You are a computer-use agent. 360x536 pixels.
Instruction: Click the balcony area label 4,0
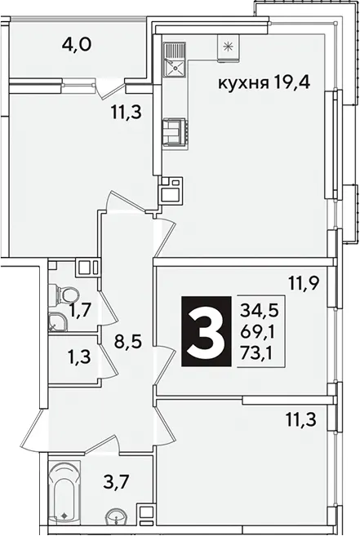(77, 44)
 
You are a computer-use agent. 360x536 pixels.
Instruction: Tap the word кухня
(243, 83)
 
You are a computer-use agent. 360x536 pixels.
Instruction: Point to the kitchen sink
(175, 60)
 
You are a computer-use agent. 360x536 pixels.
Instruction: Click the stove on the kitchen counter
(176, 134)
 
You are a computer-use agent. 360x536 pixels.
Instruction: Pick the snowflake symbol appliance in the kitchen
(228, 48)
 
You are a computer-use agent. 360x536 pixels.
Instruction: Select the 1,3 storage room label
(79, 357)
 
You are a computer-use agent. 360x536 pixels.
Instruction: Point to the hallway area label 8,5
(127, 342)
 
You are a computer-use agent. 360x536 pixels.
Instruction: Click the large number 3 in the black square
(206, 331)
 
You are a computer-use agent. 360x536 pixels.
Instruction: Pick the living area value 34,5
(260, 312)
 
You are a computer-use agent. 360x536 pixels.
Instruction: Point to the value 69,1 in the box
(259, 332)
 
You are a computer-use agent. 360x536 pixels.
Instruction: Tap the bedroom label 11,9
(304, 284)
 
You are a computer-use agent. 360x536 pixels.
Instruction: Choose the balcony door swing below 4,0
(109, 88)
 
